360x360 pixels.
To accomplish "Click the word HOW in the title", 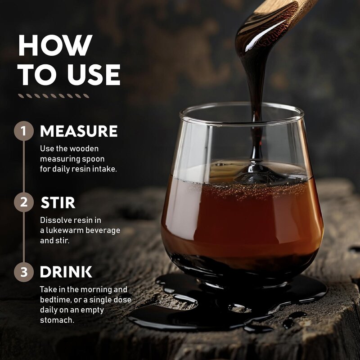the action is tap(55, 45).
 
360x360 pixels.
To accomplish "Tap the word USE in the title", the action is tap(94, 75).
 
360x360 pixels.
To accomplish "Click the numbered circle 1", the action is tap(24, 131).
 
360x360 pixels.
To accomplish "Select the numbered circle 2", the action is tap(24, 202).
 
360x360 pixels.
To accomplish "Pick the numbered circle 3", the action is tap(24, 272).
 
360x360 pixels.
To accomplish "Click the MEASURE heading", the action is tap(79, 131).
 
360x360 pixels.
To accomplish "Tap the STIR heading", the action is tap(58, 202).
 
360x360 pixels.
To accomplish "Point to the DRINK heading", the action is tap(66, 272).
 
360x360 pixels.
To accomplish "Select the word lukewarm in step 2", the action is tap(66, 230).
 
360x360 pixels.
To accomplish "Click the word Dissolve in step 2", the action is tap(54, 220).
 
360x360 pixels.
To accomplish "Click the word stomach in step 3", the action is tap(56, 320).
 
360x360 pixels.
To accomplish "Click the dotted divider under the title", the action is tap(54, 96).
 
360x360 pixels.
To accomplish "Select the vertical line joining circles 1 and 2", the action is tap(24, 166).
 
